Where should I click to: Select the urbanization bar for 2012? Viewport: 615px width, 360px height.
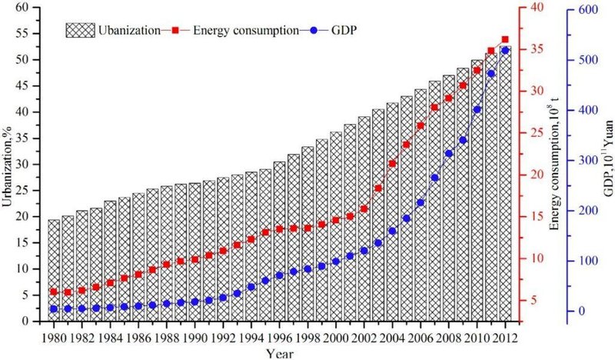pos(505,185)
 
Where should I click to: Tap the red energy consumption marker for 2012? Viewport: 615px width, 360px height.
pos(505,39)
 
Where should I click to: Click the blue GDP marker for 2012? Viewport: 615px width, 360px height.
pos(505,50)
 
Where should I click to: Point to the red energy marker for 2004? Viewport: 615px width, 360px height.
pos(392,164)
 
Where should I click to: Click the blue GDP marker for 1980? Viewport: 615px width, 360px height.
pos(54,309)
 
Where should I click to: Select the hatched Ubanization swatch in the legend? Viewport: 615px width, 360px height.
pos(79,31)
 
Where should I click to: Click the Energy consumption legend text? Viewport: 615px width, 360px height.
pos(245,31)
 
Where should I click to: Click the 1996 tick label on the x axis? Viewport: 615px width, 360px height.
pos(280,337)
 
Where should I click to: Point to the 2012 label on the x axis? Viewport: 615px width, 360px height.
pos(505,337)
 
